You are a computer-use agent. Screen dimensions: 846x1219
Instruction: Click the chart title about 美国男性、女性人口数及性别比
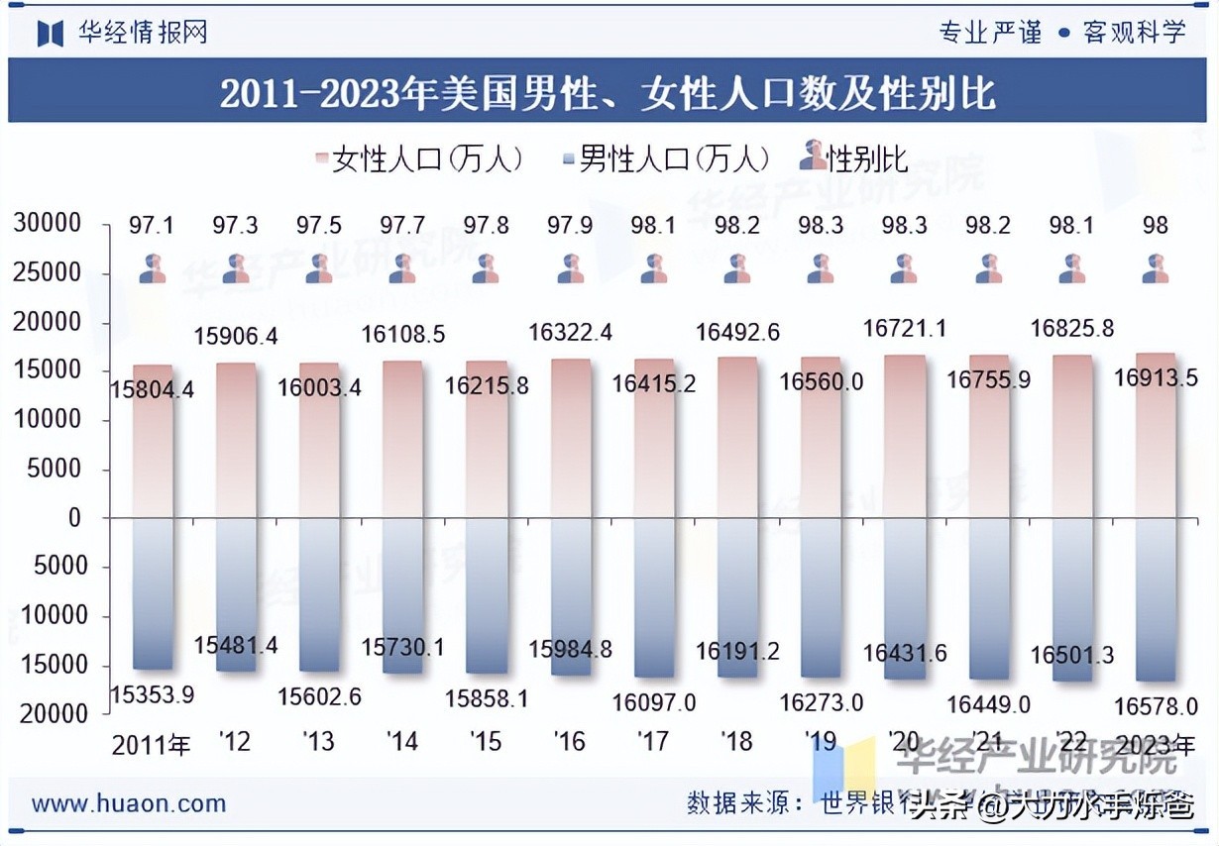[608, 93]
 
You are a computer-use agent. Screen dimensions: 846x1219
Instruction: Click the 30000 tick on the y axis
[47, 225]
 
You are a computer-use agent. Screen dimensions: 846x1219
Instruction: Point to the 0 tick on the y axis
[73, 517]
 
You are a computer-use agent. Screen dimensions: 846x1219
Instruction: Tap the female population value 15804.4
[152, 389]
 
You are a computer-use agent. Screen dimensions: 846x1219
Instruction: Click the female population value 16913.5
[1155, 377]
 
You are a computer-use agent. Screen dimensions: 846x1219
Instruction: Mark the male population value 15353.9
[152, 694]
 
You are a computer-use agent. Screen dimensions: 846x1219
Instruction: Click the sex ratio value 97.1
[151, 226]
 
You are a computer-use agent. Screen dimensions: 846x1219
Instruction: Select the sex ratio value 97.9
[569, 226]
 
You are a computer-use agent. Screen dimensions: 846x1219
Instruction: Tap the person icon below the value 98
[1155, 268]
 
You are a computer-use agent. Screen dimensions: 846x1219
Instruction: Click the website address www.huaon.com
[128, 803]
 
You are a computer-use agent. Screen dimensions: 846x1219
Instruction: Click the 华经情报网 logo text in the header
[144, 33]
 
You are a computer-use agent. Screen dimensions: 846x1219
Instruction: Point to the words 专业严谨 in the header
[990, 33]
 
